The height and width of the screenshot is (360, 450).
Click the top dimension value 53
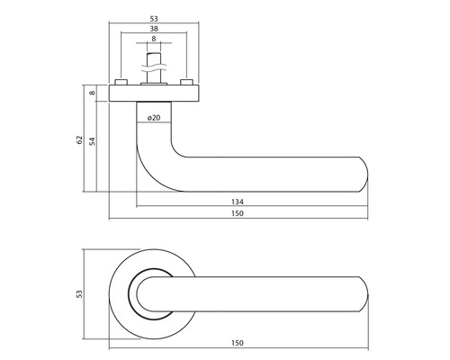coord(154,19)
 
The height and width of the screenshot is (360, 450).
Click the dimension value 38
coord(154,29)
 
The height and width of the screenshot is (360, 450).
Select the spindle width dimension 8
coord(154,39)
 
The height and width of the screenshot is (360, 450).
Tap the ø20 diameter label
coord(154,118)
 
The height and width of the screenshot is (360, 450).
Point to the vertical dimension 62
coord(79,139)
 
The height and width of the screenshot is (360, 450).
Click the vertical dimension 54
coord(93,141)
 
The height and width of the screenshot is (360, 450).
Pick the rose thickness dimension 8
coord(93,93)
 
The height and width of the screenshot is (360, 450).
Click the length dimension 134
coord(238,202)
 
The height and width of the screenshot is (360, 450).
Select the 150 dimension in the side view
coord(238,213)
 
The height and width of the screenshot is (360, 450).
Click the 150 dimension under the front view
coord(238,343)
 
